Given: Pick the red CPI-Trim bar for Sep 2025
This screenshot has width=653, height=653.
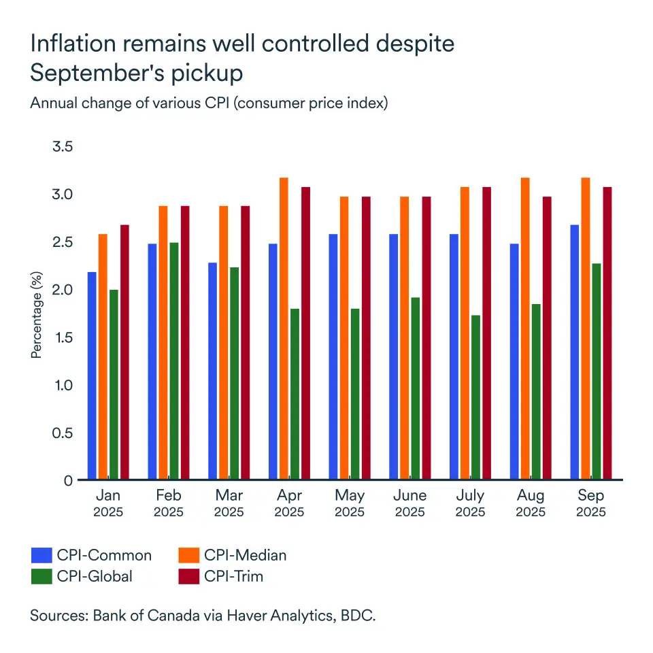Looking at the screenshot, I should point(605,333).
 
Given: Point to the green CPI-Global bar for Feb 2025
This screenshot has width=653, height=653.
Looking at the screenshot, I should point(174,361).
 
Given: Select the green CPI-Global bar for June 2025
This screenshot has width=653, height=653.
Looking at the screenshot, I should point(415,388).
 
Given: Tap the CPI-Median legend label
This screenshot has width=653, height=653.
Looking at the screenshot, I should point(245,555).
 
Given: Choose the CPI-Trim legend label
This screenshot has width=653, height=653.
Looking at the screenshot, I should point(233,576).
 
